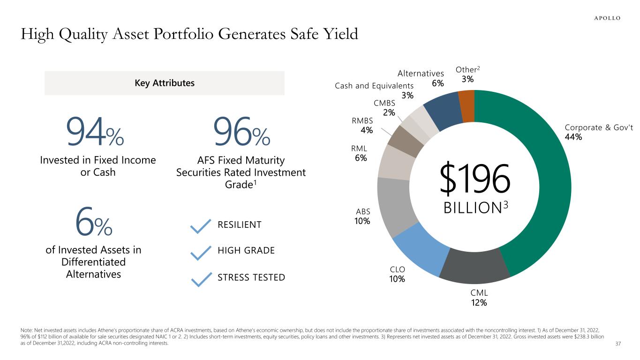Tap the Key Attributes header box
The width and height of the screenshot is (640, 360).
164,83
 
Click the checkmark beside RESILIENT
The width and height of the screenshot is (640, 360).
201,226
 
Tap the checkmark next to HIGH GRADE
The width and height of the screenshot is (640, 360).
201,253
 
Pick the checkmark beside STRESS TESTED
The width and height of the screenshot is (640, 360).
201,280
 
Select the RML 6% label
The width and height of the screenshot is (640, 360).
361,154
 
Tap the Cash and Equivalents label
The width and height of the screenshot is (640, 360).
374,86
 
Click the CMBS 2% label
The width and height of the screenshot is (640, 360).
384,108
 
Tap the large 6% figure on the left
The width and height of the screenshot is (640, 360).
94,224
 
